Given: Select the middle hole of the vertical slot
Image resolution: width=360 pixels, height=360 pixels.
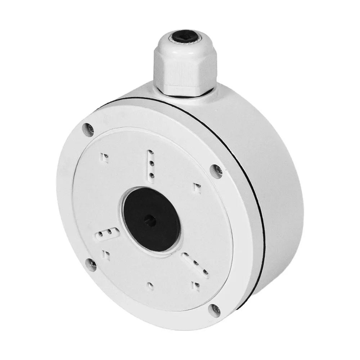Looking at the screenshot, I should pos(151,165).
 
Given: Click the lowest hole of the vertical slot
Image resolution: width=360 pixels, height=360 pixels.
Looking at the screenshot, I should pos(152,175).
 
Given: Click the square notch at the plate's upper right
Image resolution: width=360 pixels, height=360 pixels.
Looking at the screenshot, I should pos(197,186).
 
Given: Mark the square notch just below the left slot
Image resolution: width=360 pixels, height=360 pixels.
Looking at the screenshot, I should pos(107,255).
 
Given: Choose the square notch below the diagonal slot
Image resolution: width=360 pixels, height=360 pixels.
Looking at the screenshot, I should pos(197,285).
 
